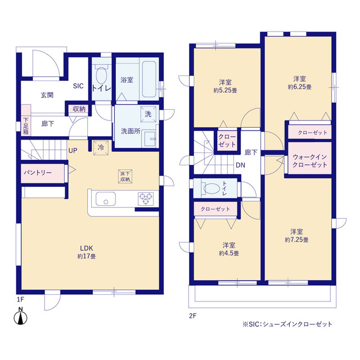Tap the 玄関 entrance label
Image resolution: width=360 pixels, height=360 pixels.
coord(47,95)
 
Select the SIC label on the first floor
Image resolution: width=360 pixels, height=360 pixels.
coord(78,86)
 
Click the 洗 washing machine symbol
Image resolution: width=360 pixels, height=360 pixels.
coord(148,113)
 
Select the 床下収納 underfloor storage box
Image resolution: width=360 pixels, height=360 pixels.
coord(124,175)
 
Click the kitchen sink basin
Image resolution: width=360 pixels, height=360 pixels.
coord(105,199)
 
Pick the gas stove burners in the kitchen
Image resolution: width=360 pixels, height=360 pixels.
coord(146,199)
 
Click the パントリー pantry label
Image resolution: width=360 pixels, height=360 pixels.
coord(38,172)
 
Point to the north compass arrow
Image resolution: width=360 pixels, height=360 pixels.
coord(21,317)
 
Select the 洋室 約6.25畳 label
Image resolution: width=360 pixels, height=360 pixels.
coord(299,82)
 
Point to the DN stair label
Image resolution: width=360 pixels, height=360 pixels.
coord(240,165)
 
